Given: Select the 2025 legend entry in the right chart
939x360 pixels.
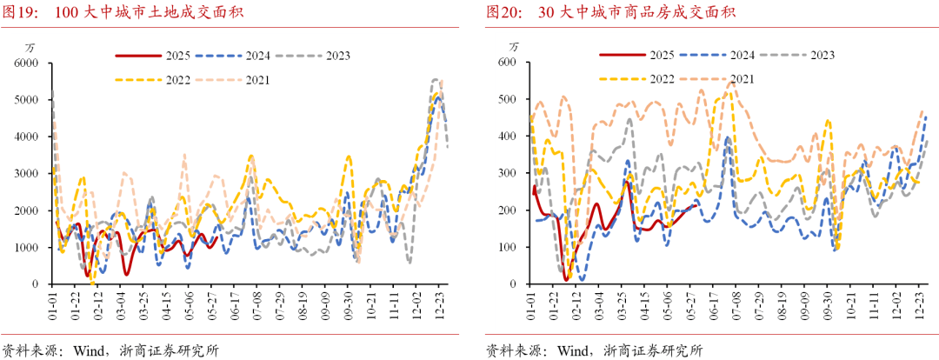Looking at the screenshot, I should pos(636,54).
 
